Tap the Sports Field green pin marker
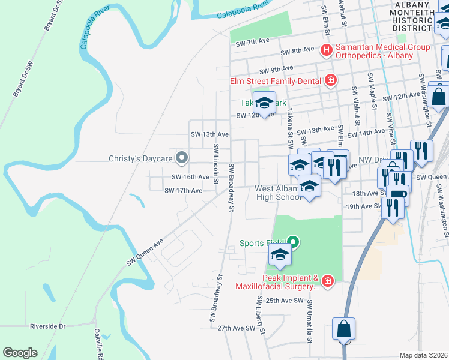(293, 243)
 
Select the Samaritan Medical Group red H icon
(327, 50)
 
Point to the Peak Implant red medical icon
(327, 280)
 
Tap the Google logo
(20, 353)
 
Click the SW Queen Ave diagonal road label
(145, 253)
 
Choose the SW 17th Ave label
(183, 190)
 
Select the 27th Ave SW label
(236, 328)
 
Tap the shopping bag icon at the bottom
(344, 329)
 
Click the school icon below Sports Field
(279, 256)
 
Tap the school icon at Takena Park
(264, 102)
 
